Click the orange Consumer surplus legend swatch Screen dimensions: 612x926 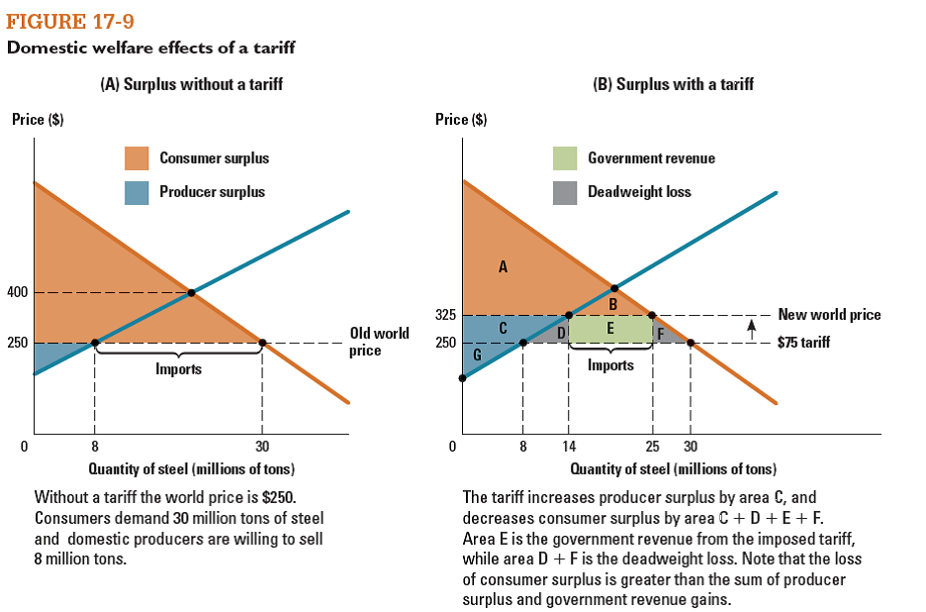click(x=137, y=158)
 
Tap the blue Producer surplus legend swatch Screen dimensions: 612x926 click(x=137, y=192)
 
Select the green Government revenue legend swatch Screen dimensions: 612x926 click(x=565, y=158)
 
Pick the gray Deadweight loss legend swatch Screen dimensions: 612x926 click(x=565, y=192)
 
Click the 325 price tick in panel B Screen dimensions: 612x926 click(x=445, y=315)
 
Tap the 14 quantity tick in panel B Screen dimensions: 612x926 click(x=569, y=446)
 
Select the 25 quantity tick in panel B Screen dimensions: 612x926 click(x=652, y=446)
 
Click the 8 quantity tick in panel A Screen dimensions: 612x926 click(x=94, y=446)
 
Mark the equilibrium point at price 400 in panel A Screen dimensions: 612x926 click(x=191, y=292)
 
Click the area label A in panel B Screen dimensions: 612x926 click(x=503, y=264)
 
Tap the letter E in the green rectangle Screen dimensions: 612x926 click(x=609, y=328)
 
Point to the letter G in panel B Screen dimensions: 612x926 click(x=477, y=354)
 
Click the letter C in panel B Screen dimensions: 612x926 click(x=504, y=328)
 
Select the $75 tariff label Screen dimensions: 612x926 click(x=803, y=343)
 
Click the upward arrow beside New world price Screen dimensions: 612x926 click(x=752, y=324)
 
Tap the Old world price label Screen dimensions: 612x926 click(x=379, y=341)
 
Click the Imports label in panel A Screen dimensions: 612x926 click(x=178, y=368)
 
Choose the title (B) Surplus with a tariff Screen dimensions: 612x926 click(x=673, y=84)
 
